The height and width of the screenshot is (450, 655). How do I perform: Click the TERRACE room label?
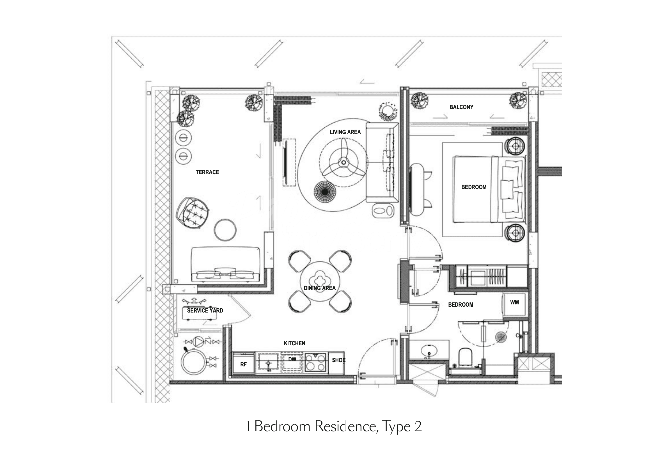(x=207, y=172)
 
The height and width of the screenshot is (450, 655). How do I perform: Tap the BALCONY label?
(x=461, y=107)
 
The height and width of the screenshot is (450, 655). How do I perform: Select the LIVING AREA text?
(x=345, y=132)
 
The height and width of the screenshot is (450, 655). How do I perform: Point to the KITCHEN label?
(x=294, y=343)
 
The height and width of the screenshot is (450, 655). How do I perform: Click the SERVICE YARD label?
(x=205, y=311)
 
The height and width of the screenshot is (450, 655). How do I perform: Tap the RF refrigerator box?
(x=244, y=364)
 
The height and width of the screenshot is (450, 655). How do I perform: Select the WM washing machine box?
(x=515, y=305)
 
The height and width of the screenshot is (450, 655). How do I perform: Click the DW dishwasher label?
(x=292, y=359)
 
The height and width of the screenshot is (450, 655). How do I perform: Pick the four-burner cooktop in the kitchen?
(x=315, y=362)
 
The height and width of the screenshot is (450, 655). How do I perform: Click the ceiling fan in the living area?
(x=343, y=162)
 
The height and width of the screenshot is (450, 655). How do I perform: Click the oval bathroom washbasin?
(x=429, y=351)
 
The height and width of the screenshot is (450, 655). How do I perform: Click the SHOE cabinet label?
(x=339, y=360)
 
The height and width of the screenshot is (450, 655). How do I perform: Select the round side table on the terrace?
(x=225, y=230)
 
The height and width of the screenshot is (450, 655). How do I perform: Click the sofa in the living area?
(x=382, y=163)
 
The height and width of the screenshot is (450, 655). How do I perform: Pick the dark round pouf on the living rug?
(x=325, y=192)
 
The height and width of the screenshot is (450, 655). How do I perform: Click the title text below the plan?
(x=334, y=426)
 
